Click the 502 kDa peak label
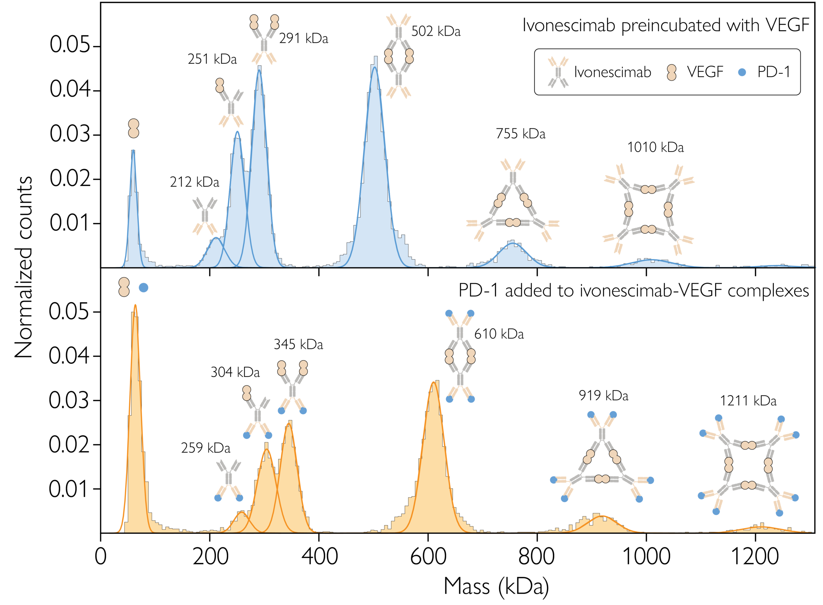tap(436, 31)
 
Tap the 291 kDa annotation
tap(303, 39)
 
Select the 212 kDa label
tap(194, 182)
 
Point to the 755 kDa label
tap(520, 134)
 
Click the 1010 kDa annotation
tap(655, 147)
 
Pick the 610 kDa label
tap(499, 334)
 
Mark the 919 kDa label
tap(603, 396)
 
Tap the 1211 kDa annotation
tap(748, 401)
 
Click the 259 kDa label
tap(205, 448)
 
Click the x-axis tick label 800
tap(537, 557)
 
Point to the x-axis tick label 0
tap(100, 557)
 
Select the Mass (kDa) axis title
tap(496, 586)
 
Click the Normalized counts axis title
tap(23, 267)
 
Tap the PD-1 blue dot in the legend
tap(742, 72)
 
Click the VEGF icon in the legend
tap(671, 72)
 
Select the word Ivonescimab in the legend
tap(612, 72)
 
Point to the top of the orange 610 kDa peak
tap(433, 382)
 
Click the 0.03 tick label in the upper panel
tap(70, 134)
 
